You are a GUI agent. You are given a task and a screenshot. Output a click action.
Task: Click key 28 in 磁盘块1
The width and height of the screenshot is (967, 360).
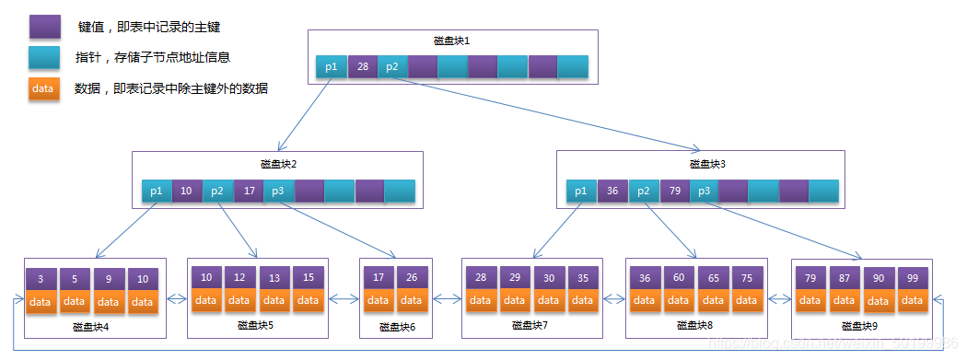coord(362,66)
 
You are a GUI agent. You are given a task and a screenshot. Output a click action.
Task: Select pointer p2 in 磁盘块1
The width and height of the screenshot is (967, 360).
coord(392,66)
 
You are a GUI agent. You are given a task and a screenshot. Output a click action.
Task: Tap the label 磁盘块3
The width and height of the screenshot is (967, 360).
coord(707,164)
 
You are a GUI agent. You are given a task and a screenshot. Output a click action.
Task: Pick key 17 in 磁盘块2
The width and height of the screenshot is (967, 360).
coord(248,191)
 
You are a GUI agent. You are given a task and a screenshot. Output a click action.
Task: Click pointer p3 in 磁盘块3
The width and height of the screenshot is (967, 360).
coord(703,191)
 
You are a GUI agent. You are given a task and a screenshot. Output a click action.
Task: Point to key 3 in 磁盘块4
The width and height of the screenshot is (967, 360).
coord(41,279)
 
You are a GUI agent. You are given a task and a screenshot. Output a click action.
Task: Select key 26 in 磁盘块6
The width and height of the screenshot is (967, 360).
coord(411,277)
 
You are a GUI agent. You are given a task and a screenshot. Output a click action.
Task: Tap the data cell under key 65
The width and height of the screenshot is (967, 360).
coord(713,300)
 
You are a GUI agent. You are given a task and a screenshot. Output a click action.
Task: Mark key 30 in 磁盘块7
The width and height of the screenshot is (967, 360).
coord(549,277)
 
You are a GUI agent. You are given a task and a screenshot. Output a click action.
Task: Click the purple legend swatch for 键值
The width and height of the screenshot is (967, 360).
coord(44,27)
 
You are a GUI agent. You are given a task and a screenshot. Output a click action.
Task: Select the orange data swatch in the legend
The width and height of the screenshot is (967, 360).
coord(44,88)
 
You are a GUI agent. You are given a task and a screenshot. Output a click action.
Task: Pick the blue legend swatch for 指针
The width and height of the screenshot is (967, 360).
coord(44,57)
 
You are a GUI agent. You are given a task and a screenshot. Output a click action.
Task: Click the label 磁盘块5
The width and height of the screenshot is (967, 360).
coord(255,324)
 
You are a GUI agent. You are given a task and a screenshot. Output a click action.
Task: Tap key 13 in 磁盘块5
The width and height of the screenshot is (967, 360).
coord(274,277)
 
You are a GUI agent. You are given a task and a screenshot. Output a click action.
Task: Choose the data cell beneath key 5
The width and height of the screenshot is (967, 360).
coord(75,302)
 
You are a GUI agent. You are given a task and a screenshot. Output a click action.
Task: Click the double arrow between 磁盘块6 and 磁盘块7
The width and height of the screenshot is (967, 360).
coord(446,298)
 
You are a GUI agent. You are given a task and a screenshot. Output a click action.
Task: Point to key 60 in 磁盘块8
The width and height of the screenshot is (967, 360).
coord(679,277)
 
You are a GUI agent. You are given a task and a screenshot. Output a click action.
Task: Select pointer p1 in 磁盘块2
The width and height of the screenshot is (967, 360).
coord(157,191)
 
